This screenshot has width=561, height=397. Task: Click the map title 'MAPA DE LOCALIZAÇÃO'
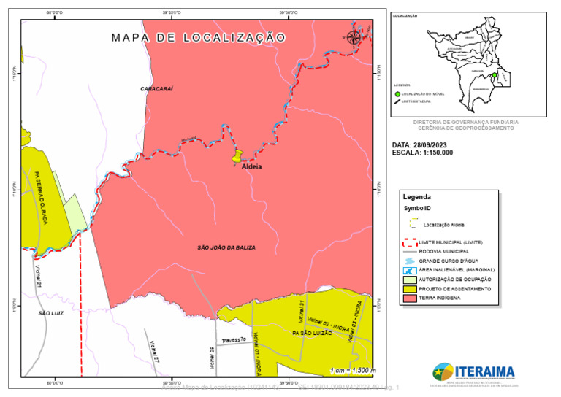[x=198, y=37]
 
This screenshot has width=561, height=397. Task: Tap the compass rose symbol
[x=354, y=37]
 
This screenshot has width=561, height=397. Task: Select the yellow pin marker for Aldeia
[x=237, y=156]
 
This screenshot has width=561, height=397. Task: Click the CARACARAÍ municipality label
[x=156, y=88]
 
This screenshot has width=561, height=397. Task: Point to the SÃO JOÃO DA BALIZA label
[x=226, y=248]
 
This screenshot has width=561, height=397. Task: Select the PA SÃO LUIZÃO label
[x=312, y=333]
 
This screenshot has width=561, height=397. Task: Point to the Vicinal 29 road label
[x=212, y=358]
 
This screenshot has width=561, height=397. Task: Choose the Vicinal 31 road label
[x=300, y=310]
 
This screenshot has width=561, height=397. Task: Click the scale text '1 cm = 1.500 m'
[x=352, y=371]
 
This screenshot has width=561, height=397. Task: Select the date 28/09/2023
[x=436, y=145]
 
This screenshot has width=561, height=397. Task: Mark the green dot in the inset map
[x=494, y=75]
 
